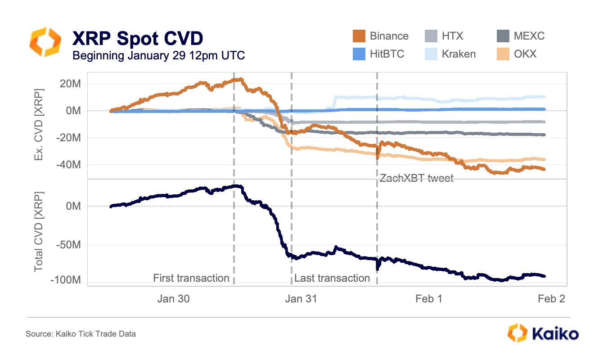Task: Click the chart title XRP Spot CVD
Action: [138, 38]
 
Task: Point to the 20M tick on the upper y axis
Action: [71, 83]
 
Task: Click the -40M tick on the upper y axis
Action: [69, 165]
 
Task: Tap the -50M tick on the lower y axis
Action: [69, 245]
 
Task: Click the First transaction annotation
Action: [191, 278]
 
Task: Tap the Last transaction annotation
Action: [332, 278]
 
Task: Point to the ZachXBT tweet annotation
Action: [417, 178]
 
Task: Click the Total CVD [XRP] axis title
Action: [39, 232]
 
